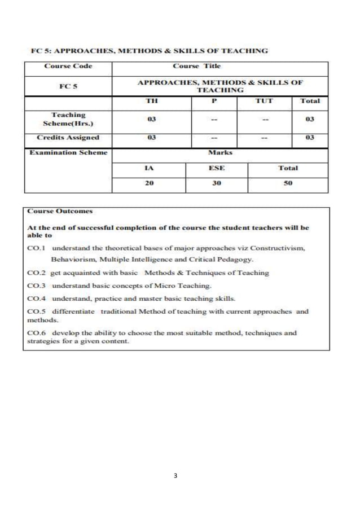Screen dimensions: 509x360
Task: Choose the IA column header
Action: point(148,168)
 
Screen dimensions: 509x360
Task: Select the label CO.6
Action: point(36,333)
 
